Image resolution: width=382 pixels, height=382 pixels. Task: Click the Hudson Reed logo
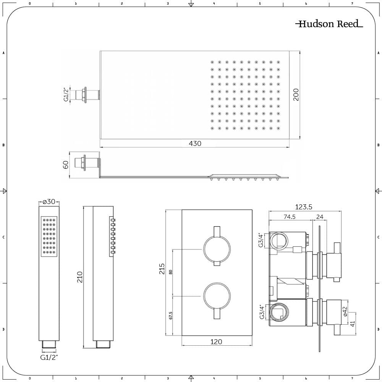329,24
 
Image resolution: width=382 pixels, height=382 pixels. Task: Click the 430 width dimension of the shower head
195,144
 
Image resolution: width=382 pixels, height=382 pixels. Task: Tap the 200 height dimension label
296,94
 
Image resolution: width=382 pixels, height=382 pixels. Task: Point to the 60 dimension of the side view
66,165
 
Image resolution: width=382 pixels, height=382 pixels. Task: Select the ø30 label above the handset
49,202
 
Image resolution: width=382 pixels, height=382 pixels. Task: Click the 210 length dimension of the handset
80,277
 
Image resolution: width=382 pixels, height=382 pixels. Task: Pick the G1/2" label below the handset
49,358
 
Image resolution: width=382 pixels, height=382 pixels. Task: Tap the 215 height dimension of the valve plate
162,269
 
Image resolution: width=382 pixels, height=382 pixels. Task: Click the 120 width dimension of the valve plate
216,342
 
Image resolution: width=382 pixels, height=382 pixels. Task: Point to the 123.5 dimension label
304,207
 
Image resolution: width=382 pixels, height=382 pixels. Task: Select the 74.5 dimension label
290,217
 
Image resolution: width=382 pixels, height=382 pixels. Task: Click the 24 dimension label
320,217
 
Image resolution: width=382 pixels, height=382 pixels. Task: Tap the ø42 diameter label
345,312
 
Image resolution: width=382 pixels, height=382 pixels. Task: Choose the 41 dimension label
353,324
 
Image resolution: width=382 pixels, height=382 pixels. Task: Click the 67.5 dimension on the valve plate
170,316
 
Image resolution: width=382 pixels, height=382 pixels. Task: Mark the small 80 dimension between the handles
170,272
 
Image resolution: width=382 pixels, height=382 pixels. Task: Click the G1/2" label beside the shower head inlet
66,94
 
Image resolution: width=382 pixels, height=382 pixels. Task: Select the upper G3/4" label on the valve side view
261,240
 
